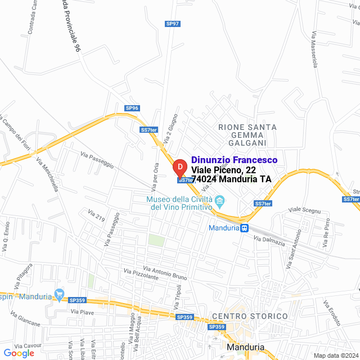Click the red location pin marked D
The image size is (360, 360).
point(179,168)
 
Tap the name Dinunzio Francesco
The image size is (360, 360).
point(234,160)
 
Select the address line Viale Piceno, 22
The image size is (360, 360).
point(223,170)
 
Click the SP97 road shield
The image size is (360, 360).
point(173,24)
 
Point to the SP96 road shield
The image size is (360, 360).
point(132,108)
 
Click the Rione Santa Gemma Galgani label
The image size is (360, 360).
point(247,135)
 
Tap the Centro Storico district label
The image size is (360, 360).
point(250,317)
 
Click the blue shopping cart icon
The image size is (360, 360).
point(59,294)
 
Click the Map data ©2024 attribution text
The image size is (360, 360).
point(336,355)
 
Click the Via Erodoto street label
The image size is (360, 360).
point(332,313)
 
